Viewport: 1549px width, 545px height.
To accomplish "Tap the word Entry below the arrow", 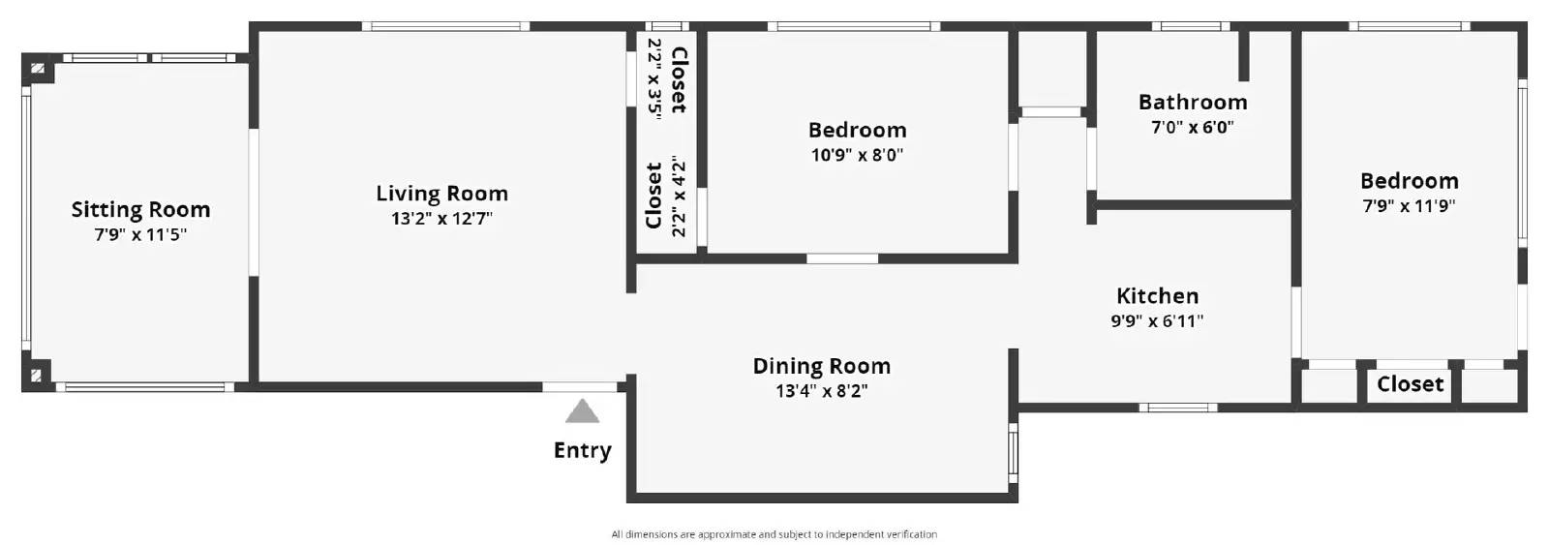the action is pyautogui.click(x=582, y=450).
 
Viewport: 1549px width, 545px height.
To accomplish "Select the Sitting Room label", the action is pyautogui.click(x=140, y=209).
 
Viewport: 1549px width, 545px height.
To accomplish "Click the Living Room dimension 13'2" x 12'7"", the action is pyautogui.click(x=441, y=219).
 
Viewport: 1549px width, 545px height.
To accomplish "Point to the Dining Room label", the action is pyautogui.click(x=822, y=366).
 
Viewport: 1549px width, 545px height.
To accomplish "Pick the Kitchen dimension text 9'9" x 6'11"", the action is pyautogui.click(x=1157, y=321).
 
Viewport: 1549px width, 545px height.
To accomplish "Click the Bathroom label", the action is pyautogui.click(x=1193, y=103).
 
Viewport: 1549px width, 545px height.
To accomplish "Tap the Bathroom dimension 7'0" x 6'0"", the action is pyautogui.click(x=1193, y=127).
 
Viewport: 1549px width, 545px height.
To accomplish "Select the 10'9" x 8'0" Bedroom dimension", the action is pyautogui.click(x=857, y=155).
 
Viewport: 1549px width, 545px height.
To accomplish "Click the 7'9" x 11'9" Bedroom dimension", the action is pyautogui.click(x=1410, y=206).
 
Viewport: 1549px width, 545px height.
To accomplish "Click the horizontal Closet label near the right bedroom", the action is pyautogui.click(x=1410, y=384).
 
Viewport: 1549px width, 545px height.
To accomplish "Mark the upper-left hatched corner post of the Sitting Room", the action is pyautogui.click(x=38, y=69).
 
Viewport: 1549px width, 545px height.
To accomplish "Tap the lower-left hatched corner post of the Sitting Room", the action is pyautogui.click(x=38, y=376).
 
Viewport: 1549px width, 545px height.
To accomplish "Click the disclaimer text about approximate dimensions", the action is pyautogui.click(x=774, y=534).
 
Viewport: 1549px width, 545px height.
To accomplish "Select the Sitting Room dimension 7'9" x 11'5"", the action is pyautogui.click(x=140, y=235).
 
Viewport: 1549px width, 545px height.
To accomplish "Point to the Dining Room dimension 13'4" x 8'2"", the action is pyautogui.click(x=822, y=391).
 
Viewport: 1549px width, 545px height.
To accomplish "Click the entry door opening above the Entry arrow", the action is pyautogui.click(x=580, y=387).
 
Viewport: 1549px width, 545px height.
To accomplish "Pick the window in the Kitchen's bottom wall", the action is pyautogui.click(x=1178, y=408).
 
